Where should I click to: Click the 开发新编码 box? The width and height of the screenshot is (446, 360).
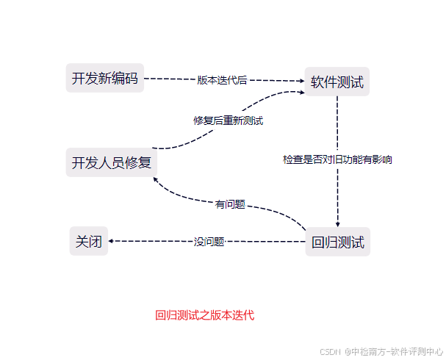[x=104, y=79]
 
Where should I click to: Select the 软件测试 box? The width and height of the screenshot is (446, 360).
[x=337, y=82]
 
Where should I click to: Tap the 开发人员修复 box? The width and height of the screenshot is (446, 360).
[x=111, y=162]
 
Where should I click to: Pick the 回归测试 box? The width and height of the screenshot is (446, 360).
[x=338, y=242]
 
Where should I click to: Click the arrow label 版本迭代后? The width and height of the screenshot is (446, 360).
[x=222, y=80]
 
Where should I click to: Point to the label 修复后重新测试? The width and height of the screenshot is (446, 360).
[x=229, y=120]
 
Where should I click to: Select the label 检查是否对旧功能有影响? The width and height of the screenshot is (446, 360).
[x=337, y=159]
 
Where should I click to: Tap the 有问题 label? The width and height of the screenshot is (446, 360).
[x=230, y=204]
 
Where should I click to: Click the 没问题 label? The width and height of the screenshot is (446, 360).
[x=209, y=241]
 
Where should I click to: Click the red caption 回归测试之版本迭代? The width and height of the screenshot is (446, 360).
[x=204, y=315]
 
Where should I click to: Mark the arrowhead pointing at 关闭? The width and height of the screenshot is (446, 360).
[x=112, y=241]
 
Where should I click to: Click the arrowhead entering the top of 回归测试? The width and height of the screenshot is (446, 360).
[x=337, y=225]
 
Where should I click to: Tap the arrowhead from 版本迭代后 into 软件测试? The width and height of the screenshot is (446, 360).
[x=301, y=81]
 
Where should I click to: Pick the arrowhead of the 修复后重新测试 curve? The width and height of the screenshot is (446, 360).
[x=301, y=92]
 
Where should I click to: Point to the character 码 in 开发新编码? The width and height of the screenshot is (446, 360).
[x=131, y=79]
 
